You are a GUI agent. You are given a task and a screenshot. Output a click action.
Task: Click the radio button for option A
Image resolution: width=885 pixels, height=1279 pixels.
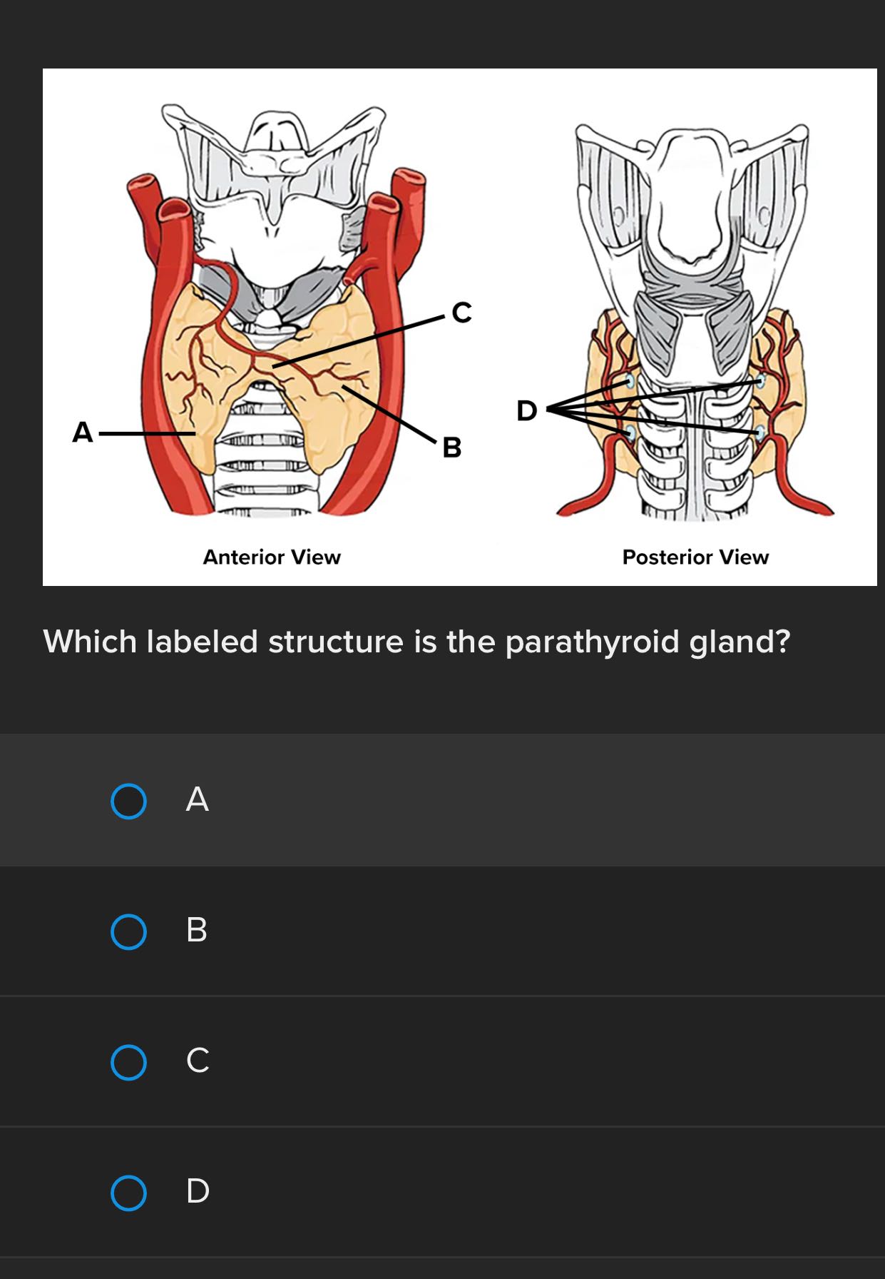click(129, 801)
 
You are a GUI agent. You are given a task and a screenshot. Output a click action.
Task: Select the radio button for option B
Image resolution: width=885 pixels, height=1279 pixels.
click(129, 931)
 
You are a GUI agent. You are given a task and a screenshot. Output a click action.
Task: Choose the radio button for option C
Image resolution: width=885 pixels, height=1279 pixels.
click(129, 1062)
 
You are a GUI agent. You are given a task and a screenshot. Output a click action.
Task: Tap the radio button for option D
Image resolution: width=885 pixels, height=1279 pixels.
click(129, 1193)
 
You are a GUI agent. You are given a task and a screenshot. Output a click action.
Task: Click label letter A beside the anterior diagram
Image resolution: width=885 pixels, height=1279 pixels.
click(83, 433)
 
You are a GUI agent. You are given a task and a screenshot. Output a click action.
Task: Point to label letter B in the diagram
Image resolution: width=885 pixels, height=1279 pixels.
click(452, 448)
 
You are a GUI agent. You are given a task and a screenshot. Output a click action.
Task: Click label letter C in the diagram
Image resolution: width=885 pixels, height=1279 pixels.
click(461, 313)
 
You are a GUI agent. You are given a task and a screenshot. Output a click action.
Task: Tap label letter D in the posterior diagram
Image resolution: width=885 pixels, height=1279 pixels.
click(527, 411)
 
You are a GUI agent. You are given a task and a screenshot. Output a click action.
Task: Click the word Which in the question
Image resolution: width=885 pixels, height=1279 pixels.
click(90, 642)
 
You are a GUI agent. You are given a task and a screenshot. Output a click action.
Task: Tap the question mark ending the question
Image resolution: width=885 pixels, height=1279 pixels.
click(783, 642)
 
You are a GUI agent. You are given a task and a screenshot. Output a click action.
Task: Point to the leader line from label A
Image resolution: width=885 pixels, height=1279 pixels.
click(146, 433)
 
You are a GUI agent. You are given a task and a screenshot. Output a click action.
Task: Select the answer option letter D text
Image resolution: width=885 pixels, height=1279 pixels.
click(198, 1191)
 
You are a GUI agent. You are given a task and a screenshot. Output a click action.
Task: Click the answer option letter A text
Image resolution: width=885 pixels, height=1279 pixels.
click(198, 799)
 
